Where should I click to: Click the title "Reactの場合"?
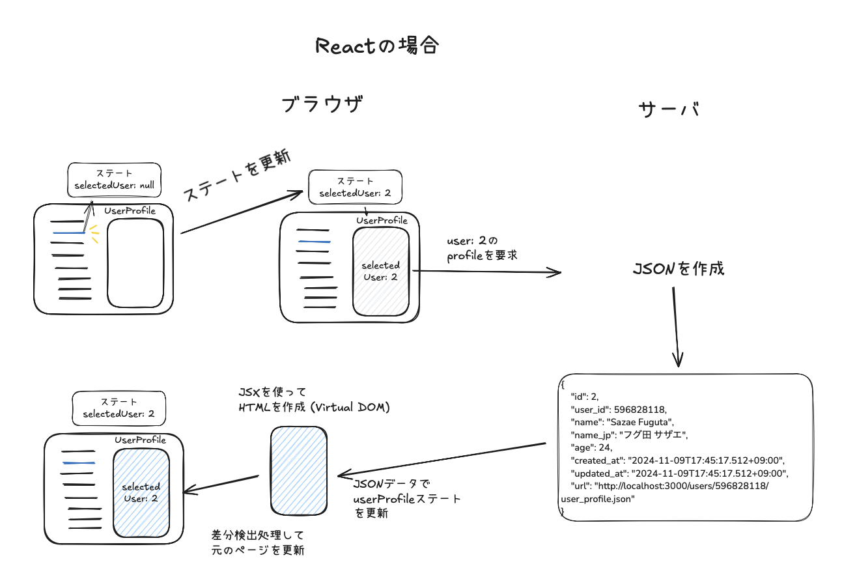pos(377,46)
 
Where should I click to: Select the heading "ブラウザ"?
pos(322,106)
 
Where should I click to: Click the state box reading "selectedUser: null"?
pos(115,180)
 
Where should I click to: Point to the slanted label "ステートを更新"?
pos(236,176)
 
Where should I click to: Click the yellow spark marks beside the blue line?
pos(94,234)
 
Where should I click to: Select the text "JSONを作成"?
pos(678,268)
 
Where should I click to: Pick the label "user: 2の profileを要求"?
pos(482,249)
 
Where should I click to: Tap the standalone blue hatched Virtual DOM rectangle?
pos(299,470)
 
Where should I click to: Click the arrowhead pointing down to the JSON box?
pos(679,360)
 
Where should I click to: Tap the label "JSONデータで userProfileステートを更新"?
pos(407,499)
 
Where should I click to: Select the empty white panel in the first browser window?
pos(135,263)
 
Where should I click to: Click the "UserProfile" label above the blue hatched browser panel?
pos(140,440)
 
